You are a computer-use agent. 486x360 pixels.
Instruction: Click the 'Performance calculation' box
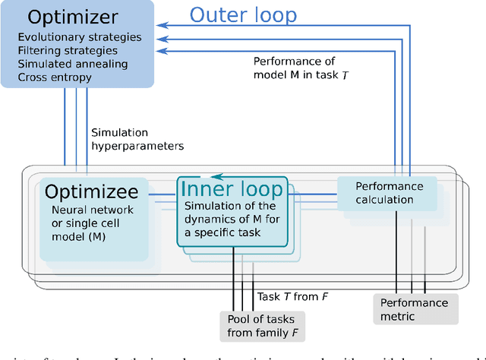click(386, 193)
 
